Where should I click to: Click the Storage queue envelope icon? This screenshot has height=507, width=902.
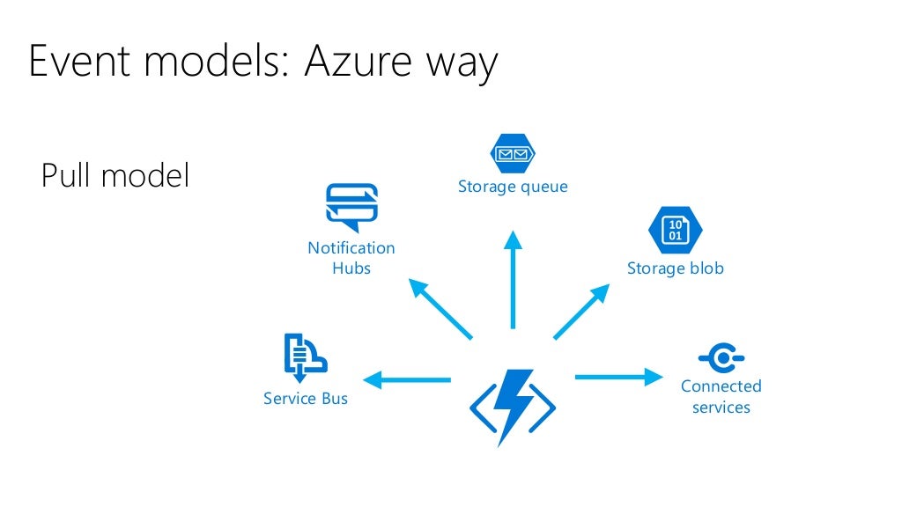[x=513, y=155]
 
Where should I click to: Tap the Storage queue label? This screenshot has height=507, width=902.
[x=513, y=187]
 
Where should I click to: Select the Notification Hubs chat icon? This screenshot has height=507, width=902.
[x=351, y=207]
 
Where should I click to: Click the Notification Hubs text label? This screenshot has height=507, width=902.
[x=351, y=258]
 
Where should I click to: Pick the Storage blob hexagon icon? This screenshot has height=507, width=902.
[x=675, y=230]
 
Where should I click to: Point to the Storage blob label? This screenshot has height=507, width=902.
[x=675, y=268]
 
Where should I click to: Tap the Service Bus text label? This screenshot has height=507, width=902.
[x=306, y=399]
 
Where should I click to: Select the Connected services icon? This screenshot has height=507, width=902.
[x=721, y=358]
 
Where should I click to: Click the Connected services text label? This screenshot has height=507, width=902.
[x=721, y=397]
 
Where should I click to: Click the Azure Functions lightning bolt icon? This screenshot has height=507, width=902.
[x=512, y=406]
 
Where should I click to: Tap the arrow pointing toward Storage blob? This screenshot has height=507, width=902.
[x=582, y=311]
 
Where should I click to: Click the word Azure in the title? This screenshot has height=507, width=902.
[x=348, y=62]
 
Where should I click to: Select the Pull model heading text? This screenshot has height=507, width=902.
[x=115, y=176]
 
